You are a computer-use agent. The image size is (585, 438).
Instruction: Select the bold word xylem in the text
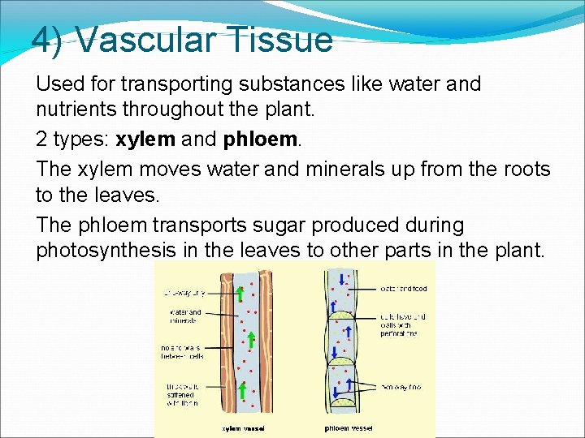coord(145,139)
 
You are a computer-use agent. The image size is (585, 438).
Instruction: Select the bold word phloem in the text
coord(259,139)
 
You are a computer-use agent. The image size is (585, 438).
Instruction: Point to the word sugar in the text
coord(276,224)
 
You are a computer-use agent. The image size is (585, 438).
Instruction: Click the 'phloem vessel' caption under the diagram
coord(349,428)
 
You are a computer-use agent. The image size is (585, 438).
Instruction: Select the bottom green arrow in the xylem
coord(241,391)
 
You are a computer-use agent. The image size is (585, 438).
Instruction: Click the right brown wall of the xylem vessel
coord(266,341)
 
